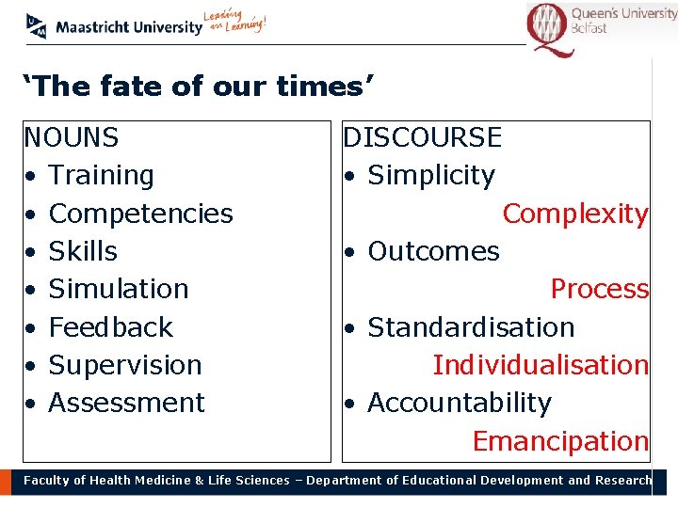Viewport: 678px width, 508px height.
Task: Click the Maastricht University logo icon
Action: [37, 26]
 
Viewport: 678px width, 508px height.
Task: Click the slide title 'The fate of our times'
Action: [199, 87]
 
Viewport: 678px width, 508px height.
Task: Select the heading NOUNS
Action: [72, 138]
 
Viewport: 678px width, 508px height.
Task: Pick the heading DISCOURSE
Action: [422, 138]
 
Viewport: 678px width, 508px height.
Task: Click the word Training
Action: [101, 176]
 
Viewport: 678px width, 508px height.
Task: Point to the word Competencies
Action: [140, 214]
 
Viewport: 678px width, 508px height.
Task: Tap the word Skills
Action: [83, 251]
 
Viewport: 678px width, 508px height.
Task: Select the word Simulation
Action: [119, 289]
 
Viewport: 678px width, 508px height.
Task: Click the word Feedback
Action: [110, 327]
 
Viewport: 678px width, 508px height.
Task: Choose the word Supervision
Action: [125, 365]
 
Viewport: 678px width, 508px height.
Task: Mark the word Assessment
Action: [126, 403]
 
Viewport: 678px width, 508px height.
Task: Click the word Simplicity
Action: [430, 176]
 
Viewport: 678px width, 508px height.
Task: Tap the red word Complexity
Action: [574, 214]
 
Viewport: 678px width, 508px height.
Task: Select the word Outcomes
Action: [433, 251]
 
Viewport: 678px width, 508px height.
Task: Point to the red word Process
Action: [599, 289]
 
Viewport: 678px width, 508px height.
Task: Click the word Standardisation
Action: [471, 327]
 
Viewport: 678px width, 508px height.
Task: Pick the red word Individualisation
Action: [541, 365]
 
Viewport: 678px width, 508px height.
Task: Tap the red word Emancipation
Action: [560, 441]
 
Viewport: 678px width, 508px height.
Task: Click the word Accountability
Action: [460, 403]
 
